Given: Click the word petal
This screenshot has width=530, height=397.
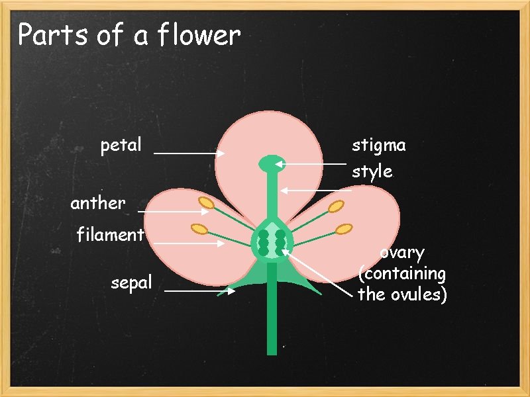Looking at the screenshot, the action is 121,145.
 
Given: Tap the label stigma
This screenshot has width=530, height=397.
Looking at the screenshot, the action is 378,146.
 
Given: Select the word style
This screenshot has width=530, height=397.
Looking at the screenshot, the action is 372,172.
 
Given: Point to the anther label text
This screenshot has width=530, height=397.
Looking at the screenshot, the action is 97,203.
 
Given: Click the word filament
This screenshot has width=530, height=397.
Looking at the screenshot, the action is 110,235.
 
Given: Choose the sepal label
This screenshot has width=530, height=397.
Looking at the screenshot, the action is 131,283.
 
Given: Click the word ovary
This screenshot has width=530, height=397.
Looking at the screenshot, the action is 402,253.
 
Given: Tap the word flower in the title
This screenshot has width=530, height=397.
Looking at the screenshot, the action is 199,36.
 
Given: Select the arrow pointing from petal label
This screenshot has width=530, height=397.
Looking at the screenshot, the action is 189,153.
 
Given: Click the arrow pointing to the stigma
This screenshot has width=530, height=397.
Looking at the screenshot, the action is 310,163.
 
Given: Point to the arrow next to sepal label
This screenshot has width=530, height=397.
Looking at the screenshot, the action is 199,290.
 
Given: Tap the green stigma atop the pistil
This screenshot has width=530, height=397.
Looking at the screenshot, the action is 270,162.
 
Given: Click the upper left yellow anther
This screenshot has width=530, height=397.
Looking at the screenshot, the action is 206,203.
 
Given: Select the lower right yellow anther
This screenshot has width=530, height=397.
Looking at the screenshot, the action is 344,229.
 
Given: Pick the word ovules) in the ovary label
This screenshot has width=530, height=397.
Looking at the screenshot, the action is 422,294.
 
